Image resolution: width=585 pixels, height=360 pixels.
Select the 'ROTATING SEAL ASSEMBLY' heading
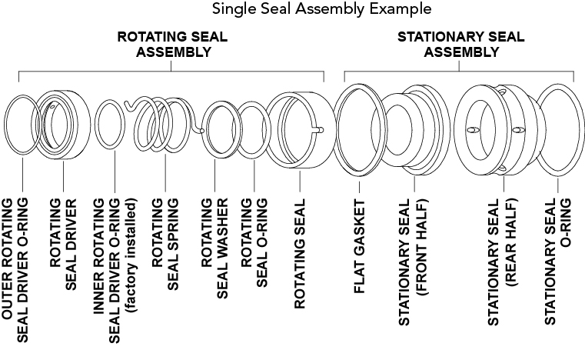tap(172, 45)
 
